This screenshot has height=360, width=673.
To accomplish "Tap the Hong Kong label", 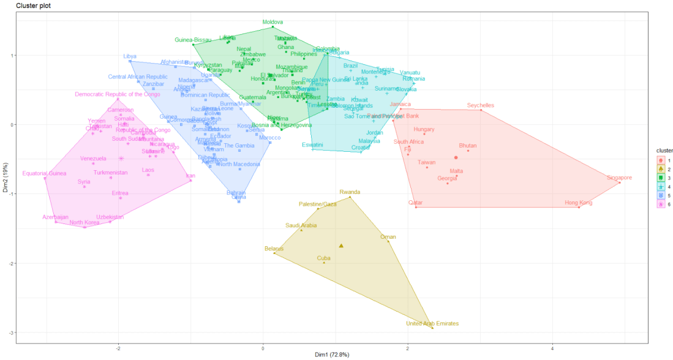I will pyautogui.click(x=579, y=203).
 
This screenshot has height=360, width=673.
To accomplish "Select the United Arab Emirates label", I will pyautogui.click(x=432, y=323).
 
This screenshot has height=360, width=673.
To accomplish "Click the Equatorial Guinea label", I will pyautogui.click(x=43, y=173).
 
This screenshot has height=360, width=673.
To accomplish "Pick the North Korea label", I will pyautogui.click(x=85, y=222).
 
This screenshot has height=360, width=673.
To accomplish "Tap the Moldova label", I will pyautogui.click(x=273, y=22).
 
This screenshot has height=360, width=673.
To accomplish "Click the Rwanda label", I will pyautogui.click(x=350, y=192).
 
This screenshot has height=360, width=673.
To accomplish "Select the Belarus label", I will pyautogui.click(x=274, y=249).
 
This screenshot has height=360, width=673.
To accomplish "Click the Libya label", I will pyautogui.click(x=130, y=56).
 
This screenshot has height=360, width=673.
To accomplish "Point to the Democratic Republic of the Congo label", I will pyautogui.click(x=117, y=94).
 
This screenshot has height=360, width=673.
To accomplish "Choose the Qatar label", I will pyautogui.click(x=416, y=203).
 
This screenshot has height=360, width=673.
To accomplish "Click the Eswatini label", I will pyautogui.click(x=313, y=145).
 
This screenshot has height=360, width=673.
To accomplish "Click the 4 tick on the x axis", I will pyautogui.click(x=552, y=348).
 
